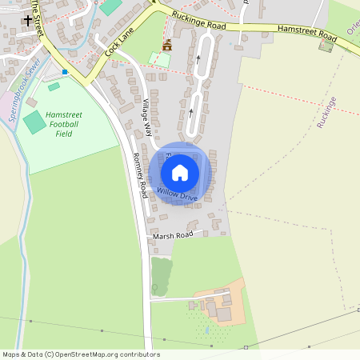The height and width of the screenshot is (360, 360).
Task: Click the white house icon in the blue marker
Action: [x=180, y=172]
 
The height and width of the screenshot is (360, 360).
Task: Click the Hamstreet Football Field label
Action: [x=64, y=124]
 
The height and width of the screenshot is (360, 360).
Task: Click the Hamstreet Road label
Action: [x=307, y=34]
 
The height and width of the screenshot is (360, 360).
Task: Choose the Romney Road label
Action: [x=141, y=175]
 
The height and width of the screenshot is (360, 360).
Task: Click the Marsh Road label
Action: [x=174, y=235]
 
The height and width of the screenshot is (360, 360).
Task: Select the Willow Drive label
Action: [x=177, y=194]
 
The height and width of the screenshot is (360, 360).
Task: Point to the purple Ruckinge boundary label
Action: [x=326, y=112]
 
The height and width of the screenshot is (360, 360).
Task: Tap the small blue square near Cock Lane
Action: [x=65, y=72]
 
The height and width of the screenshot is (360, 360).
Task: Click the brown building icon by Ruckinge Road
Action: [x=167, y=44]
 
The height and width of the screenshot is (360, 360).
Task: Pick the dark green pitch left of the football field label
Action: [x=34, y=122]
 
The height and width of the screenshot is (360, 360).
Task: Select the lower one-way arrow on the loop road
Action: [x=190, y=112]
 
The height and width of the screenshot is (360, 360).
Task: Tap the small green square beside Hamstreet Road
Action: [x=326, y=45]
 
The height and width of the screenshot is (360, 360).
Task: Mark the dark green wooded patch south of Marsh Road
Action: [x=161, y=276]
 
